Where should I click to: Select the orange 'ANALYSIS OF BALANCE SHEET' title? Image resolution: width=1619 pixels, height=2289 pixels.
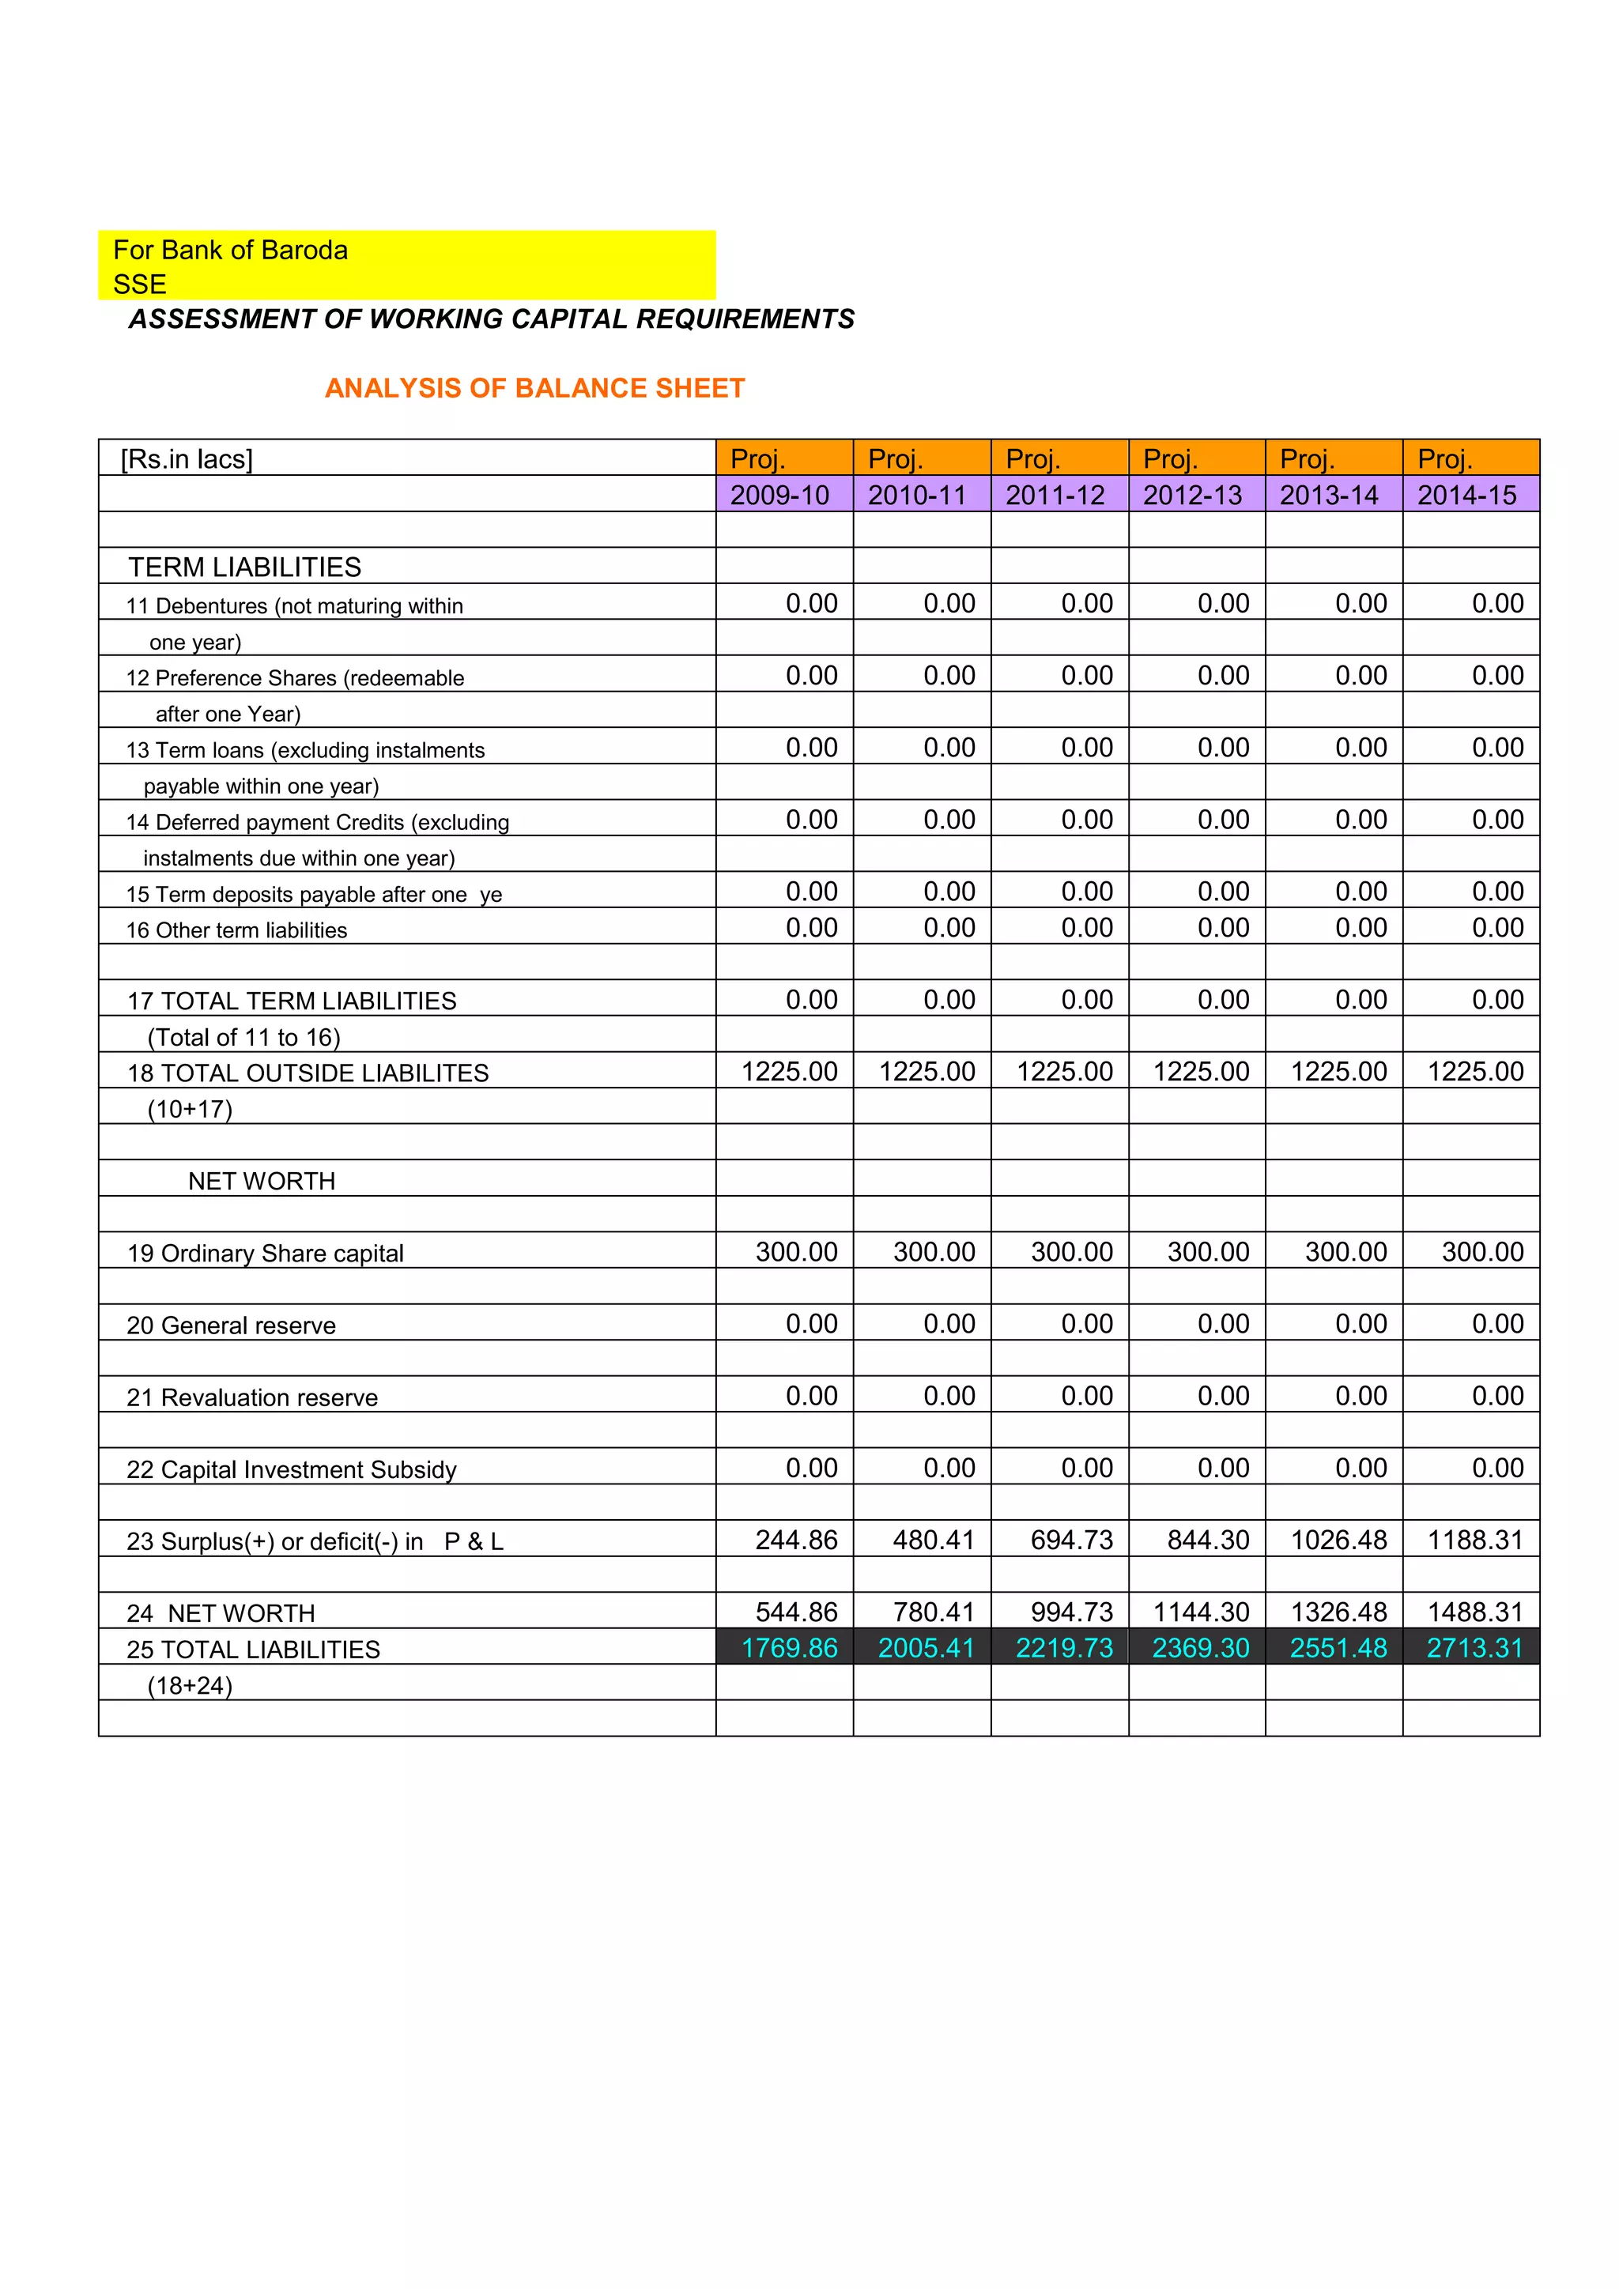coord(534,388)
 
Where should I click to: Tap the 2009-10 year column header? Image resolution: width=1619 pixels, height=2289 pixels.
coord(779,496)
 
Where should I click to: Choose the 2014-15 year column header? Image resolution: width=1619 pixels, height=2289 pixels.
coord(1466,496)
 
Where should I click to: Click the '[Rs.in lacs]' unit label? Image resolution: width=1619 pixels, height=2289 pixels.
coord(187,459)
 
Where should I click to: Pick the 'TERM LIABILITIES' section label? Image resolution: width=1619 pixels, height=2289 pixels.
coord(244,568)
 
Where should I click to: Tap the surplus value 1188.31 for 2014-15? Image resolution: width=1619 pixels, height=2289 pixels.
coord(1474,1540)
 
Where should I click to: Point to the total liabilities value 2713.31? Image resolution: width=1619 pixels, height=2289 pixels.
coord(1474,1648)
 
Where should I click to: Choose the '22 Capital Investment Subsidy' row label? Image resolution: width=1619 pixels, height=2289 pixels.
coord(291,1469)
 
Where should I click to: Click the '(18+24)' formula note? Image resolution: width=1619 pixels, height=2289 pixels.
coord(190,1686)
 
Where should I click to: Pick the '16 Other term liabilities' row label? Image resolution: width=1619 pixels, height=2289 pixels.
coord(236,930)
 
